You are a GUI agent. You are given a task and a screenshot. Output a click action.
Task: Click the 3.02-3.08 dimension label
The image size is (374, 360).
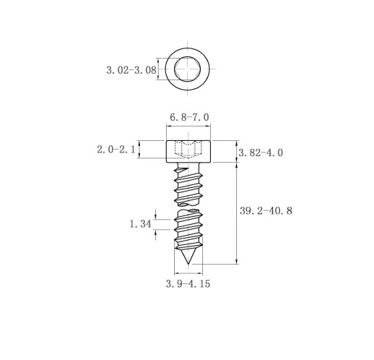pyautogui.click(x=131, y=70)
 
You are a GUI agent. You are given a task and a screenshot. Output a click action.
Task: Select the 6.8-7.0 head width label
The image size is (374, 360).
pyautogui.click(x=189, y=117)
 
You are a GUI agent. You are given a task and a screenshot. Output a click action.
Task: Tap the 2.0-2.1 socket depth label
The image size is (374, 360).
pyautogui.click(x=116, y=150)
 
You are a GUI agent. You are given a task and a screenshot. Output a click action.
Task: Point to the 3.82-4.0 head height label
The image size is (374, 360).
pyautogui.click(x=261, y=153)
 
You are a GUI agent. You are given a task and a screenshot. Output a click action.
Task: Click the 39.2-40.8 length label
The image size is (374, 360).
pyautogui.click(x=266, y=211)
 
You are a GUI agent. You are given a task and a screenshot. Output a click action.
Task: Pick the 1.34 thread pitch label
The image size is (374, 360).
pyautogui.click(x=141, y=224)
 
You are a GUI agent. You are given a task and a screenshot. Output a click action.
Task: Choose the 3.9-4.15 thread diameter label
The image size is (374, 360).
pyautogui.click(x=188, y=283)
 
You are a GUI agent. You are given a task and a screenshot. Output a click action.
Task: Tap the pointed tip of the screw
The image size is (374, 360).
pyautogui.click(x=188, y=263)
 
